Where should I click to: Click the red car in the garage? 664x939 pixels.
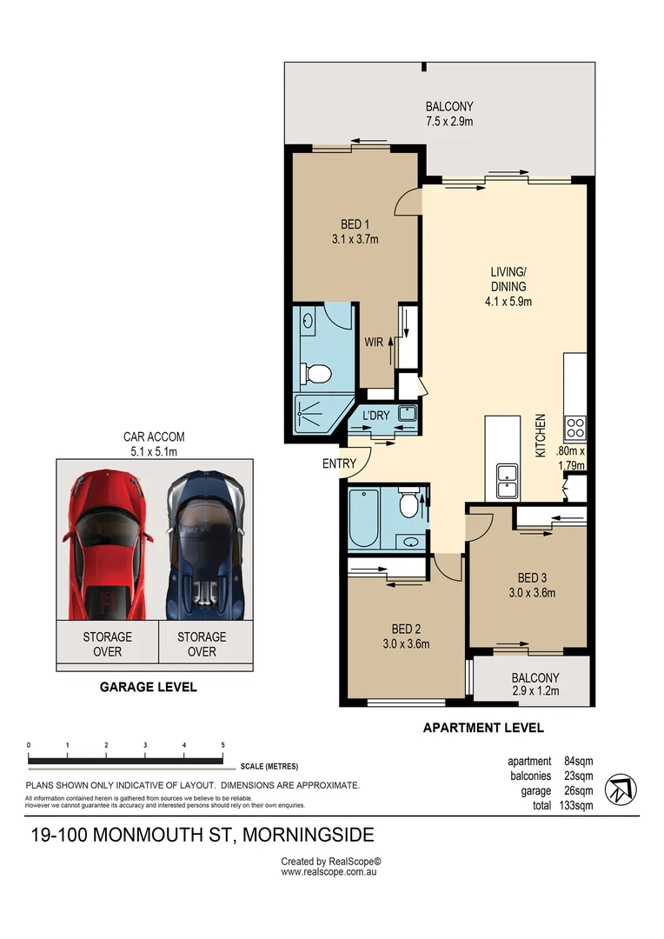(x=106, y=543)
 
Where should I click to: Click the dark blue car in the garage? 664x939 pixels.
(x=204, y=543)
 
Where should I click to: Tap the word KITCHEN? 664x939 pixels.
(x=540, y=436)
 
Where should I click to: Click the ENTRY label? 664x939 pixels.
(x=339, y=463)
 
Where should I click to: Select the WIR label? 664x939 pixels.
(x=374, y=343)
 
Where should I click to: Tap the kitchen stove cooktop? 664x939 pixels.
(x=575, y=428)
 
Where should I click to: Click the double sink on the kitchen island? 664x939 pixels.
(x=507, y=477)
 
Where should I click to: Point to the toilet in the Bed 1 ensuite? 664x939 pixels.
(x=317, y=373)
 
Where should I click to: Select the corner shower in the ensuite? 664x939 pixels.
(x=319, y=414)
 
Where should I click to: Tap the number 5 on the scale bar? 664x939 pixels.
(x=223, y=745)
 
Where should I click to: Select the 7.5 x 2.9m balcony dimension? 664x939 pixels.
(x=449, y=122)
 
